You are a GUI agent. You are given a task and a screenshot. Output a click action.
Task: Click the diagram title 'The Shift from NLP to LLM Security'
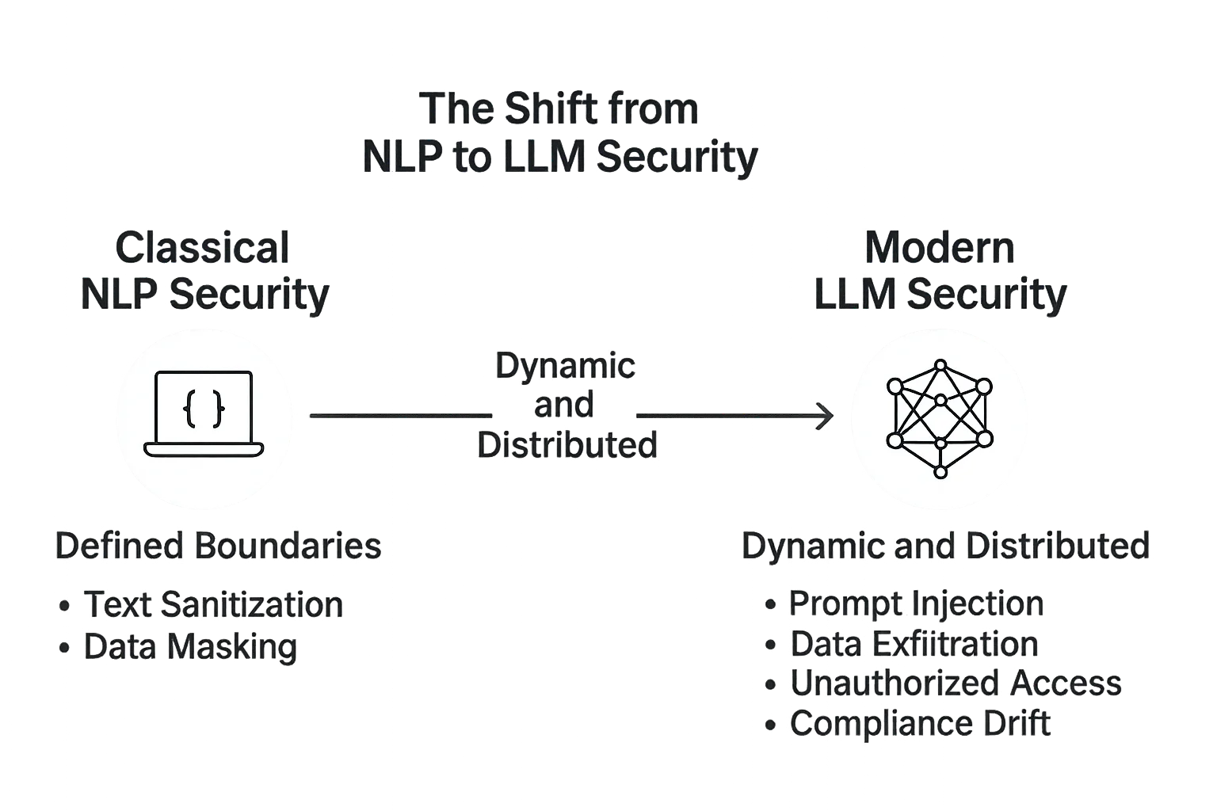(559, 133)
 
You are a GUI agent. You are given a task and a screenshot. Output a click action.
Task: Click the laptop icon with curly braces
(204, 414)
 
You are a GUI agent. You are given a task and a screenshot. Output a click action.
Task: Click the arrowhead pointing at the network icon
(829, 415)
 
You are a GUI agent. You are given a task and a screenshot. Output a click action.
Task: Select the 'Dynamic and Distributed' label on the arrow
(566, 405)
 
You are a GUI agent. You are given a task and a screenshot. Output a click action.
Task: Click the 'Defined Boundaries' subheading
(216, 547)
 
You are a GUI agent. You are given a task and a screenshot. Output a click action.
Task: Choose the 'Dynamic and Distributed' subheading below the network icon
(945, 547)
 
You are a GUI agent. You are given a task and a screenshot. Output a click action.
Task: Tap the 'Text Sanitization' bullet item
(212, 605)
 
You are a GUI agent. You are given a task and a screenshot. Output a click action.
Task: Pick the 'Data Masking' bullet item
(190, 646)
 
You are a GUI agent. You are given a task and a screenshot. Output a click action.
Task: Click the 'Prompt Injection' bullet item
(916, 604)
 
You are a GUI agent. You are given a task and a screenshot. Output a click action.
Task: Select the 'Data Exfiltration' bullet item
(914, 644)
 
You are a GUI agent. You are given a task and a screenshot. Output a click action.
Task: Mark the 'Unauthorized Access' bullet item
(956, 683)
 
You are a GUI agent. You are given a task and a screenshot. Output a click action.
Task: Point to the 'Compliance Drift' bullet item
(921, 724)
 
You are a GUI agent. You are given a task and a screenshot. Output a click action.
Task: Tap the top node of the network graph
(940, 365)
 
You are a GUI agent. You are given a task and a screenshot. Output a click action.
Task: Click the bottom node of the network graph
(940, 472)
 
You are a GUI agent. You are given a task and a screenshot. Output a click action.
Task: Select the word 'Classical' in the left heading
(203, 248)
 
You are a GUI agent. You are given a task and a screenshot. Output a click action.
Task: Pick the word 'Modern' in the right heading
(940, 248)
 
